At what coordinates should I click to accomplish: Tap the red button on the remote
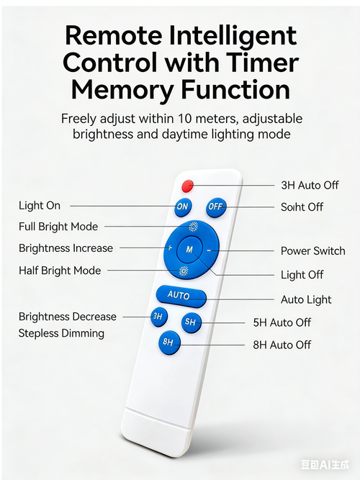tap(187, 186)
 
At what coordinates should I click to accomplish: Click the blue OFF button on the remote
tap(216, 207)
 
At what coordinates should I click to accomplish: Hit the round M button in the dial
tap(189, 250)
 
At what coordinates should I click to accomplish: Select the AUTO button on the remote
tap(181, 296)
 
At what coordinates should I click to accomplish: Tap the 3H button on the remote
tap(158, 317)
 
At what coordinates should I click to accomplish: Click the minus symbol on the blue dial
tap(209, 250)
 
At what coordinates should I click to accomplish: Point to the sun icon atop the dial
tap(193, 227)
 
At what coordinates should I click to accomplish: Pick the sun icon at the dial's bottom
tap(184, 271)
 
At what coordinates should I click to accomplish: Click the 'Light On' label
tap(40, 205)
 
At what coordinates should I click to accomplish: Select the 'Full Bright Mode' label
tap(58, 227)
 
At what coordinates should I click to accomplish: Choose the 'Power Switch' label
tap(312, 250)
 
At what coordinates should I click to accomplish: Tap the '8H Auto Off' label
tap(282, 345)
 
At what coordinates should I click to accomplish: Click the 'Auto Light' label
tap(306, 299)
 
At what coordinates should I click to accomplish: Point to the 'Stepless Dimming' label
tap(61, 333)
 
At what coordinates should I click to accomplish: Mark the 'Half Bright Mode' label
tap(60, 271)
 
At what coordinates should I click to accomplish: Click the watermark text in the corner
tap(325, 465)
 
